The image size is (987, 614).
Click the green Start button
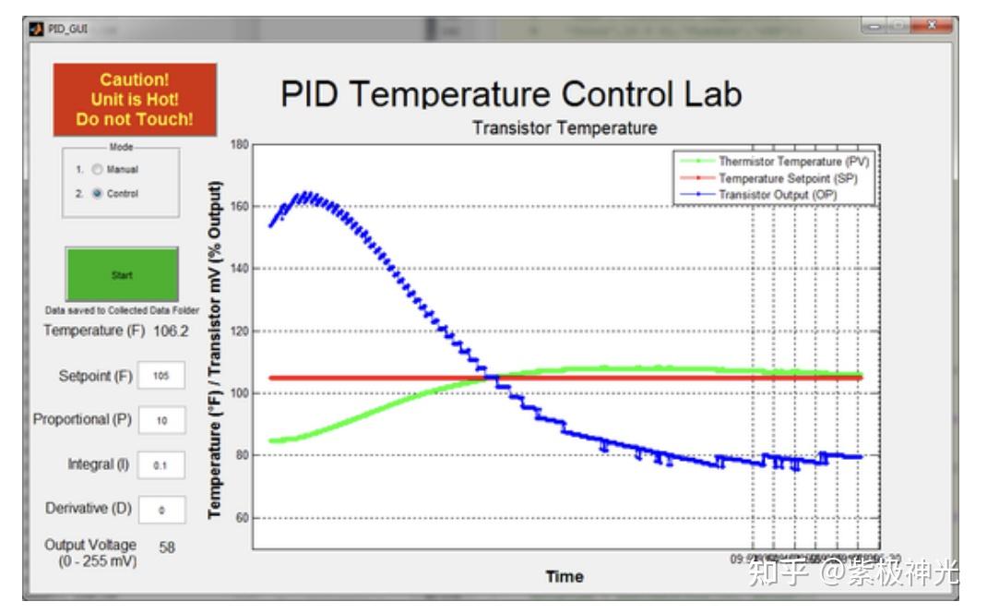pos(122,274)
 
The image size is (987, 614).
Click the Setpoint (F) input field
pos(161,376)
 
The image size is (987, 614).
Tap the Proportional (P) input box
pos(161,420)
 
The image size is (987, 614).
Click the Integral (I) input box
pos(161,465)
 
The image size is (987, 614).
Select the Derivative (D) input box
pos(161,509)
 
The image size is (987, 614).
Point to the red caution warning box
pos(135,100)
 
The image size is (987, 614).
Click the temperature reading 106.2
pos(171,331)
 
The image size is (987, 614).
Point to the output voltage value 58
pos(167,548)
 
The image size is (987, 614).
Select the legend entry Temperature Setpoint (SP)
pos(788,178)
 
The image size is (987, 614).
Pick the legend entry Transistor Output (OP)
pos(780,194)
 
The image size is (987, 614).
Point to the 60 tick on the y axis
pos(242,518)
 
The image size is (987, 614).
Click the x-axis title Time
pos(564,577)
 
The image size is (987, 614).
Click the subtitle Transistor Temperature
pos(565,128)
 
